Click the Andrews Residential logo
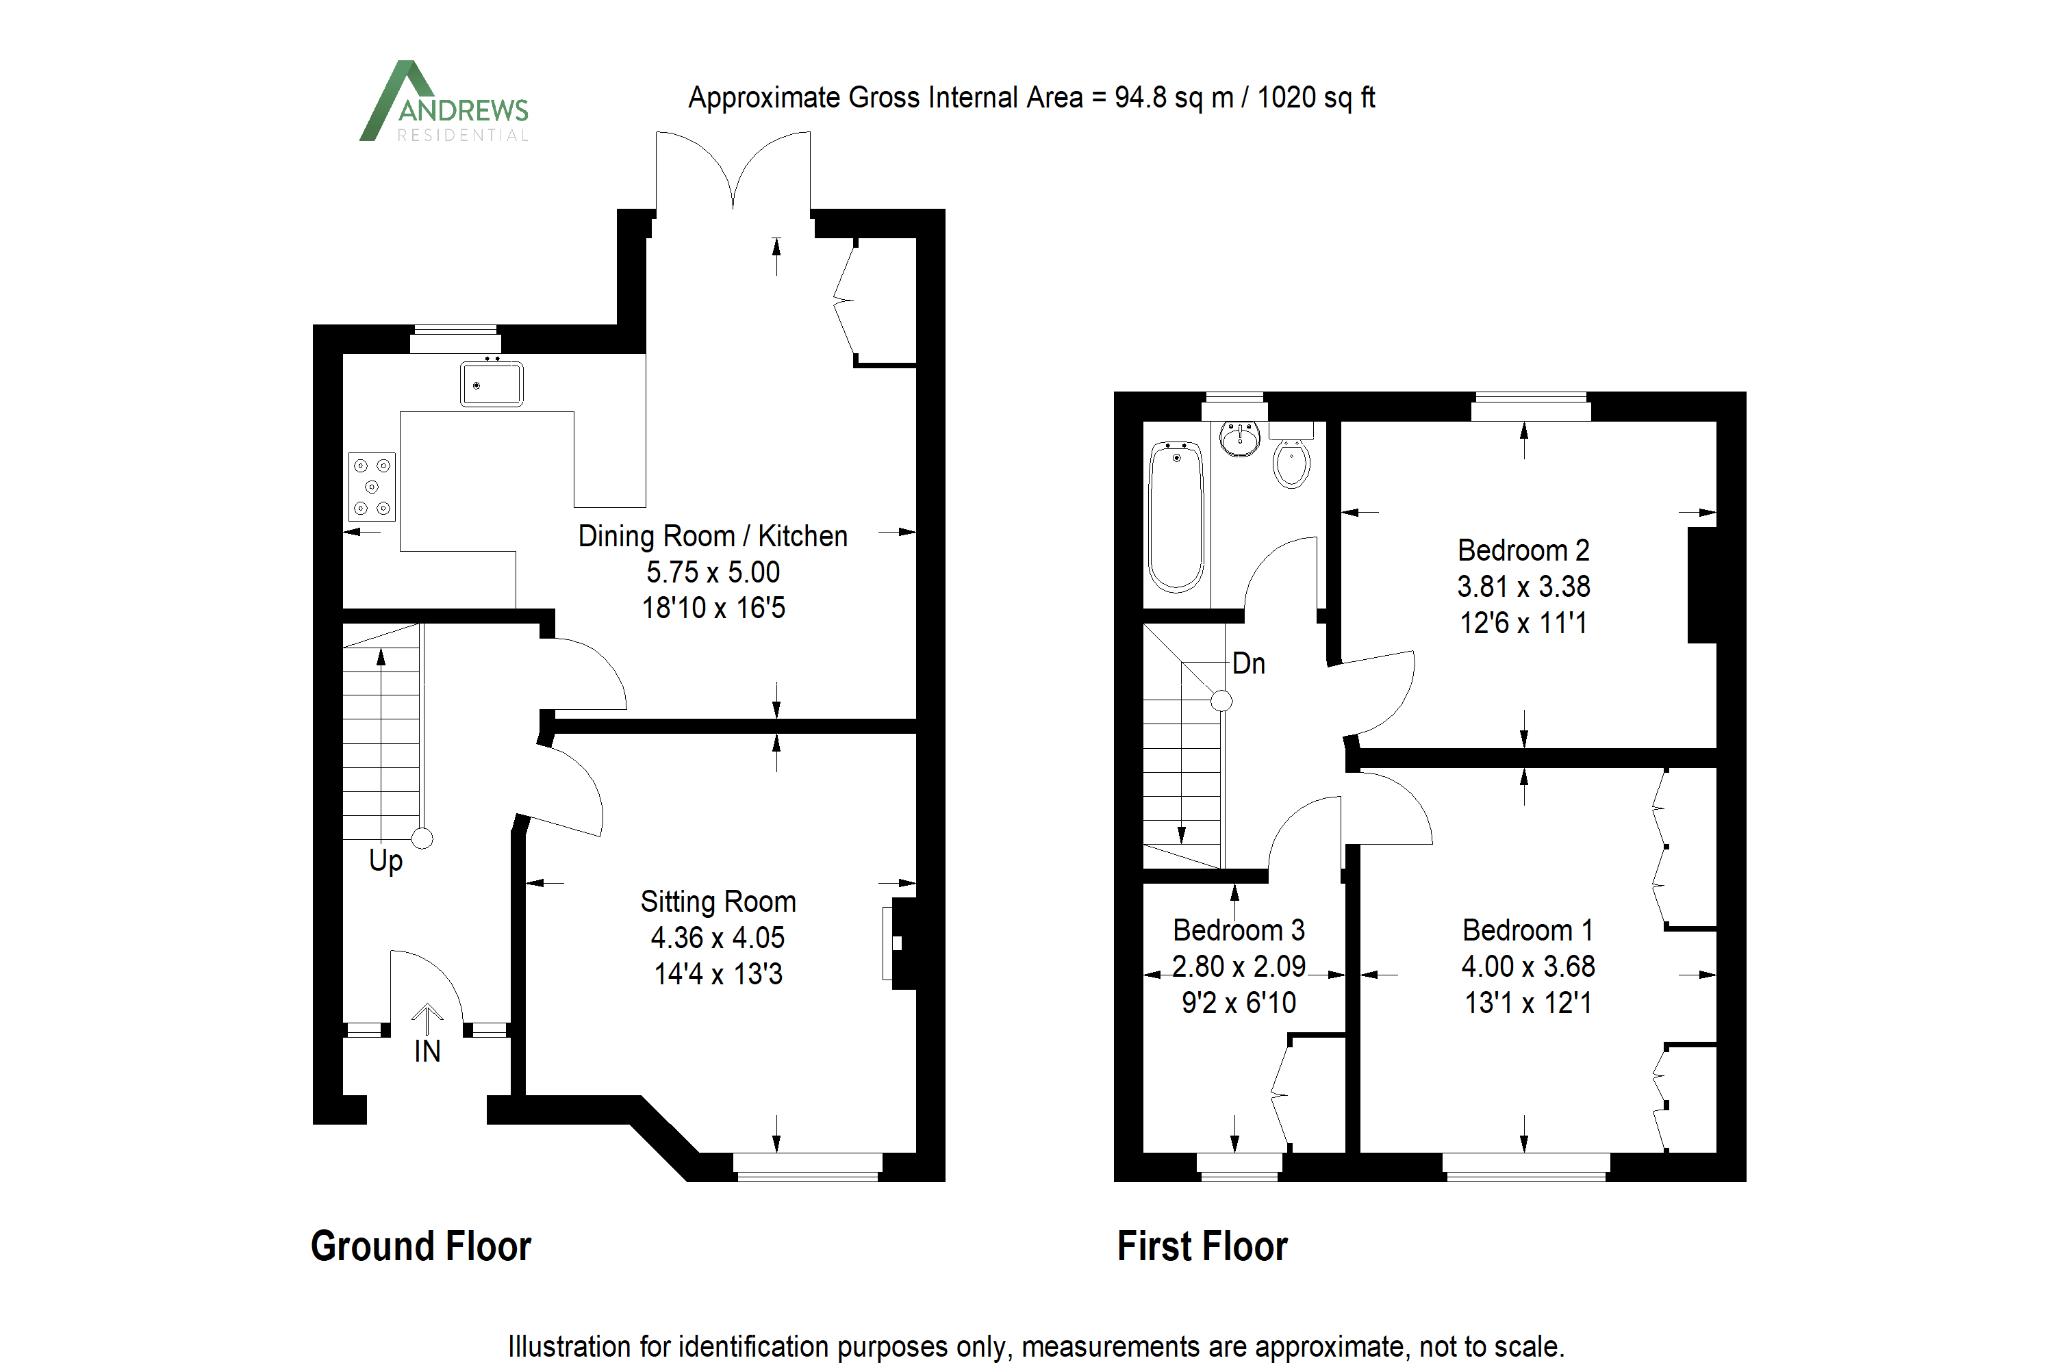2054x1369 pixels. (x=444, y=103)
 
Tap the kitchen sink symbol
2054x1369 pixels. (x=492, y=384)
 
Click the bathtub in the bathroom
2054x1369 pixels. (x=1176, y=517)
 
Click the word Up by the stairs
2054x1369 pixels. (x=385, y=862)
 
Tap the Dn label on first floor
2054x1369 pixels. (x=1248, y=663)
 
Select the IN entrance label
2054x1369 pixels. (x=427, y=1052)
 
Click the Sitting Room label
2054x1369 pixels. (x=718, y=901)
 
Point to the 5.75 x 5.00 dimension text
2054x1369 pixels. (x=713, y=572)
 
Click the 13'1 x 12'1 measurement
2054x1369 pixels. (x=1527, y=1002)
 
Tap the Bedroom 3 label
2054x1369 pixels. (x=1239, y=930)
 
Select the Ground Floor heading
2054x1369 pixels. (x=421, y=1246)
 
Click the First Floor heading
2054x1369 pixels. (x=1202, y=1246)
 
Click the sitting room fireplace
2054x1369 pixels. (x=900, y=943)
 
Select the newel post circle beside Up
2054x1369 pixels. (x=422, y=839)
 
